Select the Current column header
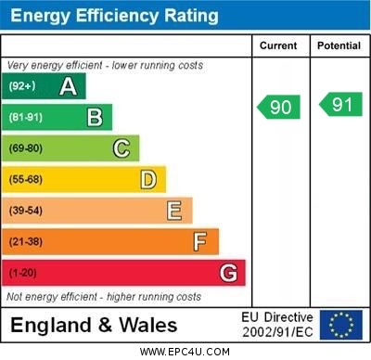click(278, 45)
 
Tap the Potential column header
click(339, 45)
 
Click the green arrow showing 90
click(279, 107)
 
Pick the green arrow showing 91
click(340, 105)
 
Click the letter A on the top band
click(68, 86)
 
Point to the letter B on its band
click(95, 117)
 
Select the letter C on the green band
click(122, 148)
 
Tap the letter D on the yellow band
click(148, 179)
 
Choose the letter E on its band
click(174, 211)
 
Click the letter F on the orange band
click(200, 241)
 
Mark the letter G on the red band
click(228, 273)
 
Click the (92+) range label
click(22, 87)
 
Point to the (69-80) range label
click(26, 148)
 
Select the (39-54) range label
click(26, 211)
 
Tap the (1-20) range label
click(23, 273)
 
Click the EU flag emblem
click(341, 325)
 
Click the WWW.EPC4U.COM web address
click(185, 352)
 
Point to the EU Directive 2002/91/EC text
click(277, 325)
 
